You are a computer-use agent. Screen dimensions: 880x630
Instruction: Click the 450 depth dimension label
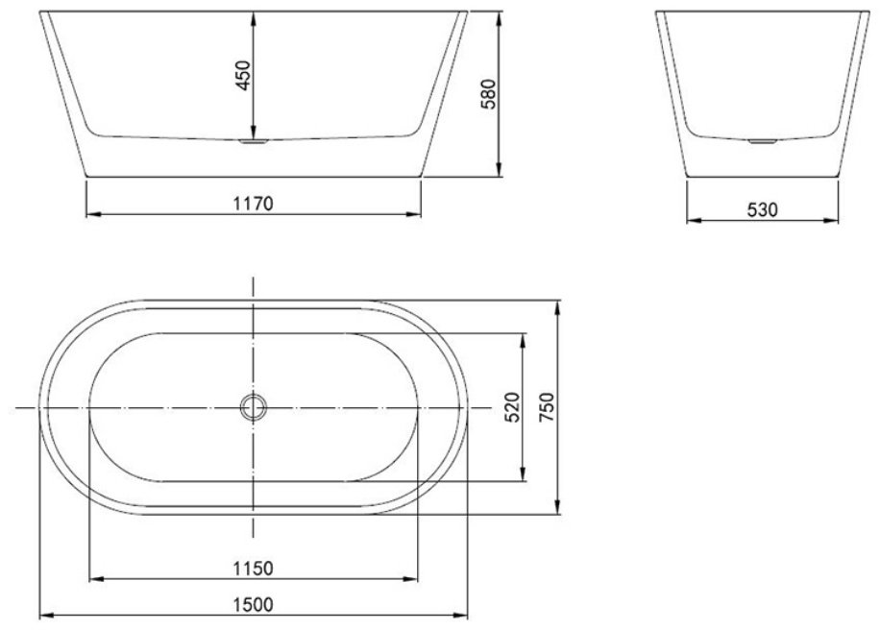[x=243, y=75]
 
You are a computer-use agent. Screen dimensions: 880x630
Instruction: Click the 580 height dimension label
[x=489, y=94]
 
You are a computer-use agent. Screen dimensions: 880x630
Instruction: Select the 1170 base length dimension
[x=253, y=203]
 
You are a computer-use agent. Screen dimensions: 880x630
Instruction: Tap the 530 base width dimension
[x=763, y=209]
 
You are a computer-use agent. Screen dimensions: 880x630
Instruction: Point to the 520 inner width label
[x=512, y=407]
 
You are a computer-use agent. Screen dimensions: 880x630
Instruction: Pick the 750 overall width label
[x=546, y=407]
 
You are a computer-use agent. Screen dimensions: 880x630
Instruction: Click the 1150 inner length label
[x=253, y=569]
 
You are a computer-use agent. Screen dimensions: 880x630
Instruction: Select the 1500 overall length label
[x=253, y=605]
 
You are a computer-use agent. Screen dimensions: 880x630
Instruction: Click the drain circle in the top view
[x=254, y=407]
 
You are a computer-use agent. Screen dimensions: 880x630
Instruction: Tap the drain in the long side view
[x=254, y=141]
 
